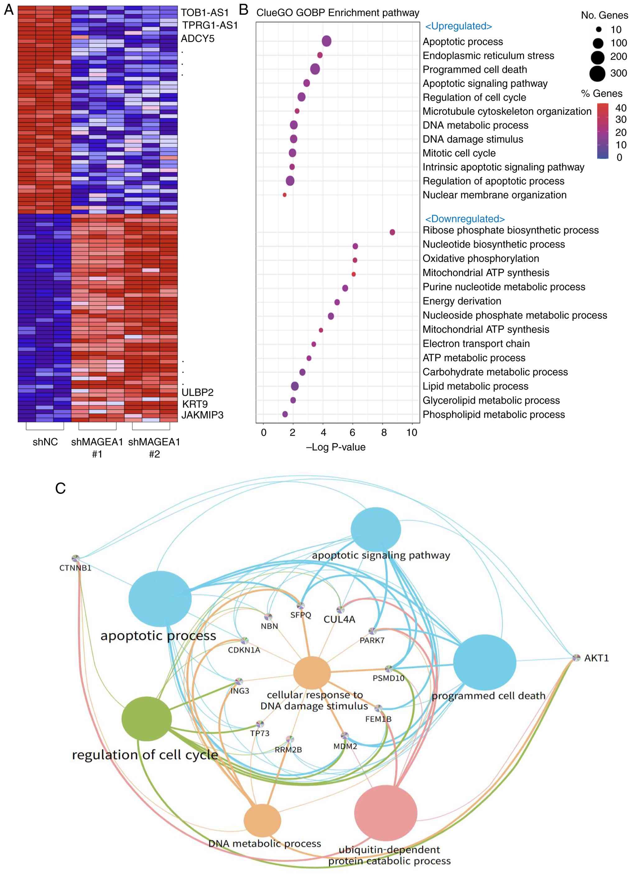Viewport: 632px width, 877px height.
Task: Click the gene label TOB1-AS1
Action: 205,13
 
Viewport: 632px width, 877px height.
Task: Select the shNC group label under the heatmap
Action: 45,442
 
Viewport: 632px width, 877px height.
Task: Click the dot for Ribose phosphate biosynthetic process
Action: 392,232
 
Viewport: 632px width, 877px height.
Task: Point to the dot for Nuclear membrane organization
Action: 285,195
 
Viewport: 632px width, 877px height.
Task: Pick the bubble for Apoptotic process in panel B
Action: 327,41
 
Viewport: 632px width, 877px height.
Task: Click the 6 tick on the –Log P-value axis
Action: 352,432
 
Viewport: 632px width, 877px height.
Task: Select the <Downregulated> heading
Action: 465,219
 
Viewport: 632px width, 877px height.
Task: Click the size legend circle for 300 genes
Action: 597,73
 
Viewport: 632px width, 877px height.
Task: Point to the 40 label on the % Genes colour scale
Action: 621,108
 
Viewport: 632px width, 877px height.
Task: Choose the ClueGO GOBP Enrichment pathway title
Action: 338,13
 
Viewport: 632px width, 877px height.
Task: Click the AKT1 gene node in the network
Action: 576,657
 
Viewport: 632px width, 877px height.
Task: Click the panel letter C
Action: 60,488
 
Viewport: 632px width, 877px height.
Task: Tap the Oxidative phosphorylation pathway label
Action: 481,258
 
